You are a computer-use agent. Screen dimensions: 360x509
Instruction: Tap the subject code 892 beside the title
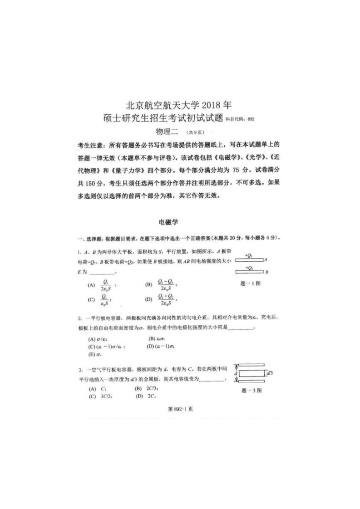(x=251, y=119)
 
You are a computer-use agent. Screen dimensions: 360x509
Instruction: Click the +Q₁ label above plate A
(x=248, y=255)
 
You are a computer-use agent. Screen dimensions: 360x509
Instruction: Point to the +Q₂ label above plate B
(x=248, y=268)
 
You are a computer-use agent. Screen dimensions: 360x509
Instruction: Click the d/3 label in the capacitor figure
(x=269, y=373)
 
